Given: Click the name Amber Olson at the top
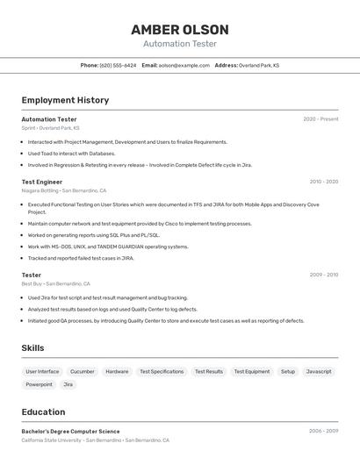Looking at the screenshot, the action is pyautogui.click(x=179, y=29).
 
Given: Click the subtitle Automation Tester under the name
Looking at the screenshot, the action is pyautogui.click(x=179, y=44).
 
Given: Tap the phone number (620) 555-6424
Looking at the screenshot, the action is pyautogui.click(x=118, y=66).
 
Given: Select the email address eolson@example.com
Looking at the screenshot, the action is pyautogui.click(x=184, y=66).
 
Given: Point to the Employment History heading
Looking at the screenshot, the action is pyautogui.click(x=65, y=100).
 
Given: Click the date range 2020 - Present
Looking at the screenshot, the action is pyautogui.click(x=320, y=119).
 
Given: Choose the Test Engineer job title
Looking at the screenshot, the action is pyautogui.click(x=42, y=182).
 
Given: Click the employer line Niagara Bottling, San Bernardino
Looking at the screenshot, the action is pyautogui.click(x=64, y=190).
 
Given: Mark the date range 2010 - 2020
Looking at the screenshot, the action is pyautogui.click(x=323, y=182).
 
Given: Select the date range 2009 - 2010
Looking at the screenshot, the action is pyautogui.click(x=323, y=275).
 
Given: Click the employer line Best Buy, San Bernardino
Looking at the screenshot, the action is pyautogui.click(x=56, y=284).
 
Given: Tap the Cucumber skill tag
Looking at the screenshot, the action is pyautogui.click(x=83, y=372).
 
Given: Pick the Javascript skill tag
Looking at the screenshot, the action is pyautogui.click(x=319, y=372).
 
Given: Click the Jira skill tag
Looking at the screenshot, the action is pyautogui.click(x=68, y=385).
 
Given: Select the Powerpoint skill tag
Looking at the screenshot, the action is pyautogui.click(x=39, y=385).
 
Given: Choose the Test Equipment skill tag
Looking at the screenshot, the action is pyautogui.click(x=251, y=372).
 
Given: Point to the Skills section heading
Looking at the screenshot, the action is pyautogui.click(x=33, y=348).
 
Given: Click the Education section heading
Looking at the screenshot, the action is pyautogui.click(x=43, y=412).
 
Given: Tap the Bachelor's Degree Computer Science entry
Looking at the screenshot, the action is pyautogui.click(x=71, y=432).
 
